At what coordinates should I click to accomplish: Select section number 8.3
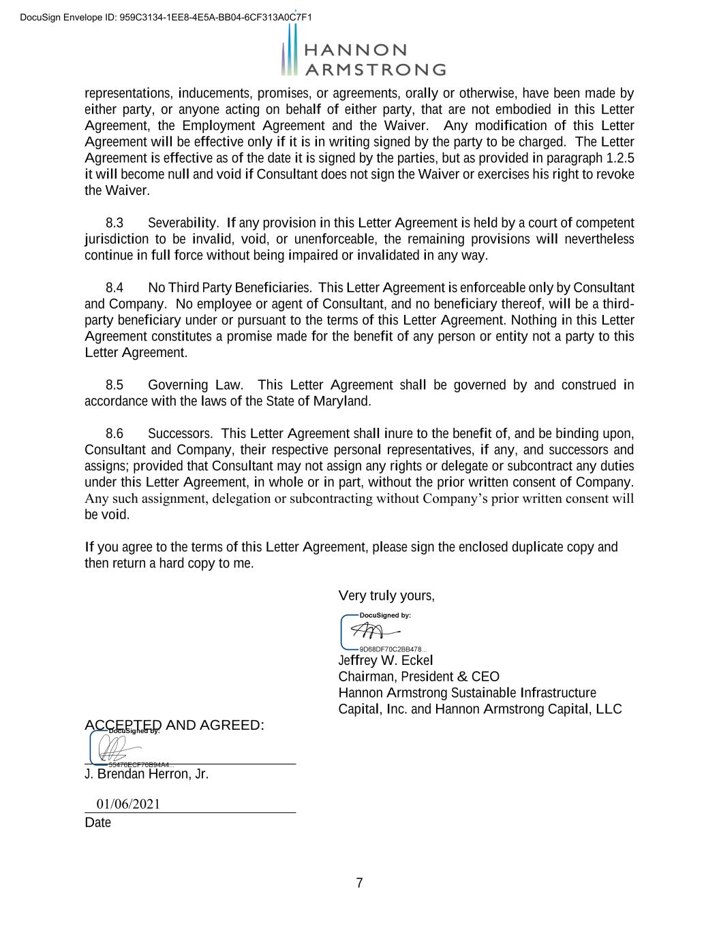point(114,223)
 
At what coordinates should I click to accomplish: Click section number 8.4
point(114,288)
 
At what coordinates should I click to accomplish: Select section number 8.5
point(114,386)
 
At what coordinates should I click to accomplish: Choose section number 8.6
point(114,434)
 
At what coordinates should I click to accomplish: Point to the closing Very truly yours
point(386,596)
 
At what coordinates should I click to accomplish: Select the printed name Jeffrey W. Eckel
point(386,661)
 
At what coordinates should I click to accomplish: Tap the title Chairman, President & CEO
point(418,677)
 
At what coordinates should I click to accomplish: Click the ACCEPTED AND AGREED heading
point(174,725)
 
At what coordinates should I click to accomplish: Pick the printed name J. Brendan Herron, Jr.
point(147,775)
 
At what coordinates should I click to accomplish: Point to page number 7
point(360,884)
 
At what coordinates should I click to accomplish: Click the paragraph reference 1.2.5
point(619,159)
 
